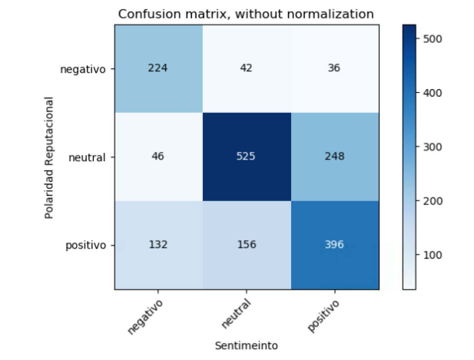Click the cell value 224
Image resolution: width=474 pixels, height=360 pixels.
(x=158, y=68)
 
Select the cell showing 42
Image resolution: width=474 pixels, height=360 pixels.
(x=246, y=68)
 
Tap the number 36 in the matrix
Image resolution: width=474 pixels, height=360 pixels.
(x=335, y=68)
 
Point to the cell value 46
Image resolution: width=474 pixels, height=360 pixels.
(x=158, y=156)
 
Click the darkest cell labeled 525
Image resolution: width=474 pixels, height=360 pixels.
(x=246, y=156)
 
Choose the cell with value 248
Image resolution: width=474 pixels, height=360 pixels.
(x=335, y=156)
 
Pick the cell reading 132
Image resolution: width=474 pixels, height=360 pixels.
(x=158, y=244)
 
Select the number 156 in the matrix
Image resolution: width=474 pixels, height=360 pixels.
(x=246, y=244)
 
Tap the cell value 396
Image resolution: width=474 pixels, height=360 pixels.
(x=335, y=244)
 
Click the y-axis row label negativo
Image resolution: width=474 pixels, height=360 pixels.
(x=83, y=69)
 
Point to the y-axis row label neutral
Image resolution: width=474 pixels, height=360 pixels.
(x=87, y=157)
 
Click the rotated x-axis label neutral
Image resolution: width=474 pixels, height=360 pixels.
(x=237, y=314)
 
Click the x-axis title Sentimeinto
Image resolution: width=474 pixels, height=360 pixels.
(x=246, y=346)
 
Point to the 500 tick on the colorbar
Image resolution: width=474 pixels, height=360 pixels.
(x=432, y=39)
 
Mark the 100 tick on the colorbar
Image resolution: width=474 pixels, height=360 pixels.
(x=432, y=255)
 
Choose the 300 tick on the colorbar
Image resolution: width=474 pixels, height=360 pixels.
(x=432, y=147)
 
